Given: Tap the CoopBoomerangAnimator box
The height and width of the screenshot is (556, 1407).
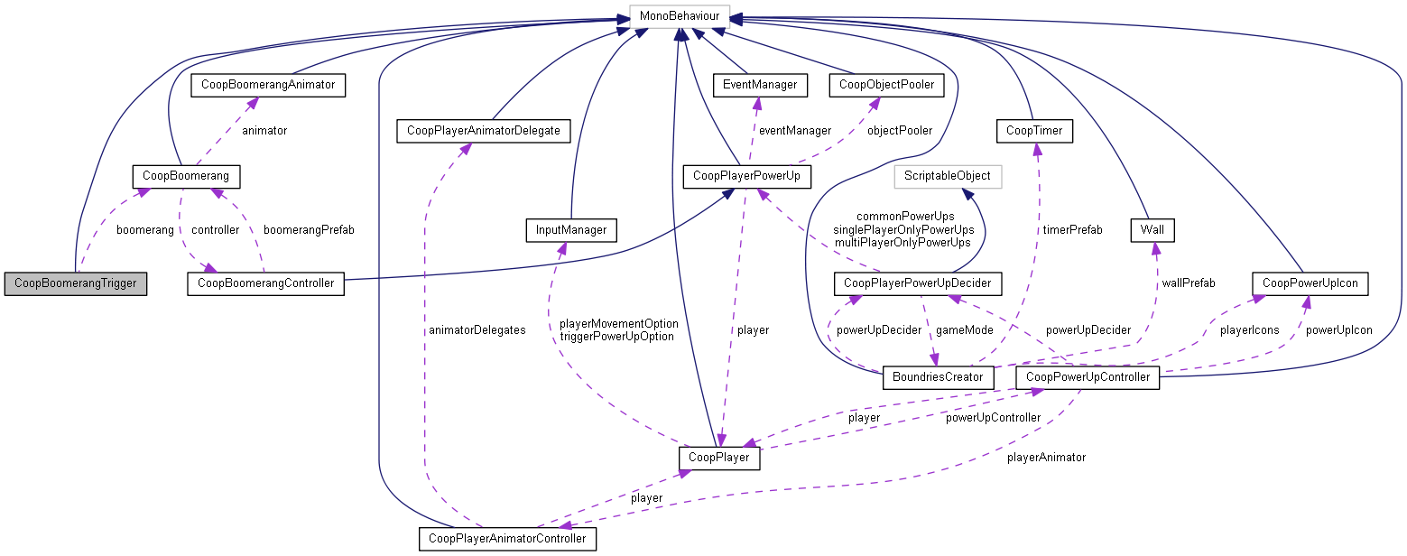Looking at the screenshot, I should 269,85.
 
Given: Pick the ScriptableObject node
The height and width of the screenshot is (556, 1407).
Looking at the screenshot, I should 948,175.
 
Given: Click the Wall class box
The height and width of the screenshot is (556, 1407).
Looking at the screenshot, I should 1152,230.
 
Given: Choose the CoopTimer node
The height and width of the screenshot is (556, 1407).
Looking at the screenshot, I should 1033,131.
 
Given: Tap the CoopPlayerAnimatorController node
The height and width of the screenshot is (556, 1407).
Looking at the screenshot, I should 507,539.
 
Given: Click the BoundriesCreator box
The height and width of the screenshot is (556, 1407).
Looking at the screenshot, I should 938,376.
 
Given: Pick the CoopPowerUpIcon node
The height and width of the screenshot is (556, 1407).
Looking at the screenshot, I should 1309,283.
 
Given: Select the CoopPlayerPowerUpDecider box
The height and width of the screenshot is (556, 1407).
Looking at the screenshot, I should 917,283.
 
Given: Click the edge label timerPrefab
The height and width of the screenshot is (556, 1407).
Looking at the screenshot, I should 1073,230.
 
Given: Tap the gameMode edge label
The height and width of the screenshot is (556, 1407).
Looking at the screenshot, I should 964,330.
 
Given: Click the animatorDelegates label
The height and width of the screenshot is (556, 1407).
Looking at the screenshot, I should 477,330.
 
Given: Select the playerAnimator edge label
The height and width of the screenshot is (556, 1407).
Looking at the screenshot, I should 1046,458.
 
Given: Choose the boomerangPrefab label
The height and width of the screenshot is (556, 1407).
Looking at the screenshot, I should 309,230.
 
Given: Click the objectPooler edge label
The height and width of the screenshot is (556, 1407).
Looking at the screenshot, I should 900,131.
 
